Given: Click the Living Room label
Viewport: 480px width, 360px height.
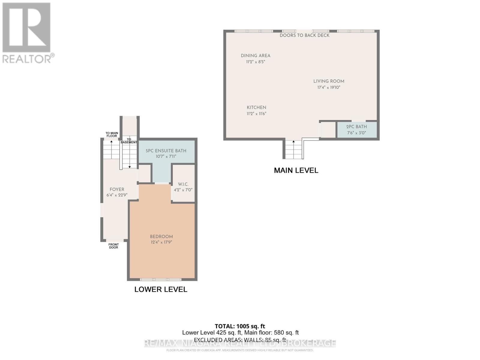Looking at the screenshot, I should pos(328,81).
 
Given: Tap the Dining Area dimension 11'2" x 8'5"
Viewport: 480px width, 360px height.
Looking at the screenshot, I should pos(256,62).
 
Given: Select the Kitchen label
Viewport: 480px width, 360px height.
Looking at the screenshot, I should pos(256,107).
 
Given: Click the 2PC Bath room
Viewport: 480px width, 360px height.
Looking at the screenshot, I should pos(357,130).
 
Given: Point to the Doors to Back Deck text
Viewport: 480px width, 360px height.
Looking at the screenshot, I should pos(304,35).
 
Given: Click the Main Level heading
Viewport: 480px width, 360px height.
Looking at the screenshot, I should pos(296,170).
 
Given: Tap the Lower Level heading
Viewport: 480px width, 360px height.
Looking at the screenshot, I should pos(161,289).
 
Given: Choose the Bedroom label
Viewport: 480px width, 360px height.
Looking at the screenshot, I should pos(161,236).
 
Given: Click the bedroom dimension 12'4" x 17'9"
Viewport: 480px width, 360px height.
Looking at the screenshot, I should pos(161,242).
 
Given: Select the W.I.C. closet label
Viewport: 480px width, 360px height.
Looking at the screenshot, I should pos(183,184).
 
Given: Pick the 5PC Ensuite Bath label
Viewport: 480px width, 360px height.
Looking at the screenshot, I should pos(166,151).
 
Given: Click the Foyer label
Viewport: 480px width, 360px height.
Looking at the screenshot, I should pos(117,189).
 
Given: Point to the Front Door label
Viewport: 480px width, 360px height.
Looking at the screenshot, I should pos(113,246).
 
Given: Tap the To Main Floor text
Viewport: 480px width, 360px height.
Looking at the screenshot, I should pos(112,134).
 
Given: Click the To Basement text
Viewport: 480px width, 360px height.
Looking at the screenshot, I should pos(129,141).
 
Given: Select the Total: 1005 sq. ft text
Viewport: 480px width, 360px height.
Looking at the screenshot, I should pos(240,326).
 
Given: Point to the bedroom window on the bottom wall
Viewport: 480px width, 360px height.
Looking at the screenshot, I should pos(161,280).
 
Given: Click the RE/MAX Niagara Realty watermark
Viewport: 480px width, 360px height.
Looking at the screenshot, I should pos(240,343).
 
